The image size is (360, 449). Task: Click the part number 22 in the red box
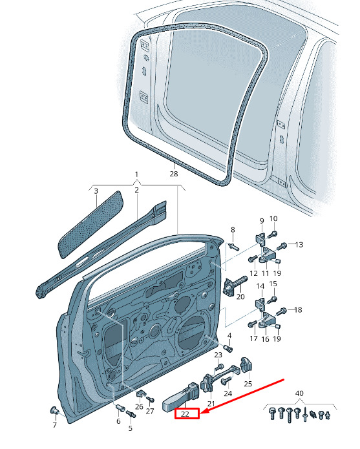185,413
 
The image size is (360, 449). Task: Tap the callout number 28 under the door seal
173,174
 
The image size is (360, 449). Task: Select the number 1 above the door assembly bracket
136,174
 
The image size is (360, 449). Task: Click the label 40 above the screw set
299,393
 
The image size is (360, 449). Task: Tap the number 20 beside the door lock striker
241,297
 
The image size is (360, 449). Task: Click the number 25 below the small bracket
248,383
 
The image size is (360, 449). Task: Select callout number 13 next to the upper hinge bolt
299,245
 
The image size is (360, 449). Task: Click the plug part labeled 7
54,410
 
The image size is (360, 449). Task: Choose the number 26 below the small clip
139,407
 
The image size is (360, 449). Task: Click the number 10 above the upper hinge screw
273,218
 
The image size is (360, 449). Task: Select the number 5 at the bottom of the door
131,428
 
